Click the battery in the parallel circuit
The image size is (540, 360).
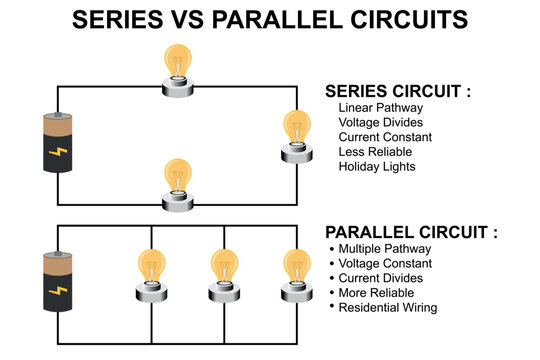point(57,281)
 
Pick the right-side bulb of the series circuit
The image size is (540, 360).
point(297,136)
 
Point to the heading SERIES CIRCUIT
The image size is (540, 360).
point(398,90)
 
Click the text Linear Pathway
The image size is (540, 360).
point(380,107)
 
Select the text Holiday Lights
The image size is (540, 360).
point(377,167)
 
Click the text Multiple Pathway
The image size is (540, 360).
point(385,248)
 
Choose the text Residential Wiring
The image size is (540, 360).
point(388,308)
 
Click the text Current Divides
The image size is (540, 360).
point(380,278)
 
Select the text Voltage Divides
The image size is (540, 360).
point(383,122)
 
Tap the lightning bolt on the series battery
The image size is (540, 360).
point(57,153)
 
